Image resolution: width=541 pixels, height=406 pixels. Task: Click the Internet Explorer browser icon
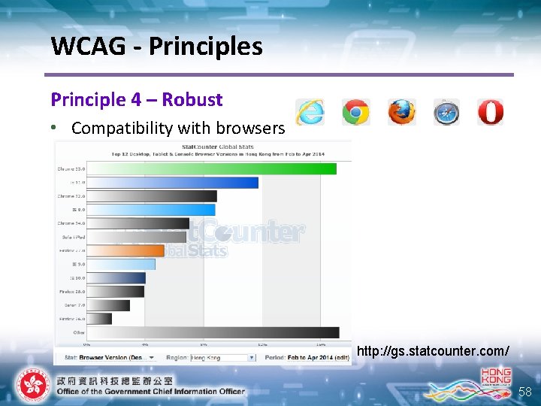(x=310, y=112)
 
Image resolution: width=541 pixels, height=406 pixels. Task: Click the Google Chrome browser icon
(x=355, y=112)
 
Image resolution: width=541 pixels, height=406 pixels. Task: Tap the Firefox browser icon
(x=401, y=112)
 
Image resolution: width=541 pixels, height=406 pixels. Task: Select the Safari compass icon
(x=446, y=112)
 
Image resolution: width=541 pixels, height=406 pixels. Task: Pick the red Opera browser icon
(x=490, y=112)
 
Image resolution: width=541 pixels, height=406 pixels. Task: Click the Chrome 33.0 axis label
(x=71, y=168)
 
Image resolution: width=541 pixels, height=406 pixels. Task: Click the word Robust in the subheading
(x=192, y=99)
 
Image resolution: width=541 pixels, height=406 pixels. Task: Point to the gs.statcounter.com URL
(x=433, y=351)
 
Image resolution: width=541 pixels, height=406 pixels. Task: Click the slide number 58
(x=524, y=391)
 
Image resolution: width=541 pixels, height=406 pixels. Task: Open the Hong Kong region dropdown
(x=222, y=357)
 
